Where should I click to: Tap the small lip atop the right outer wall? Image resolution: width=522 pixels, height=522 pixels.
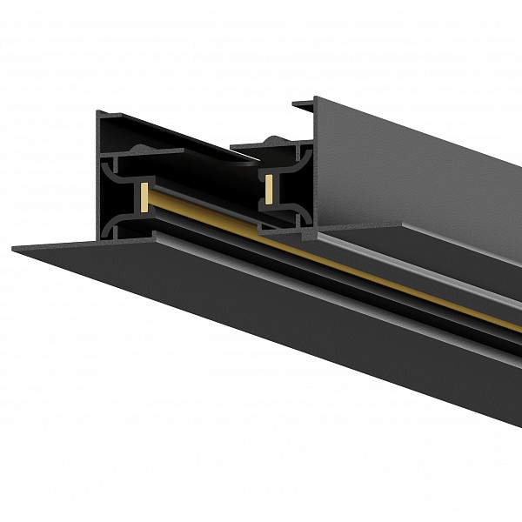[304, 105]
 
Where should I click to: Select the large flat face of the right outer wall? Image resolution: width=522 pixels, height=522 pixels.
[418, 174]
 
